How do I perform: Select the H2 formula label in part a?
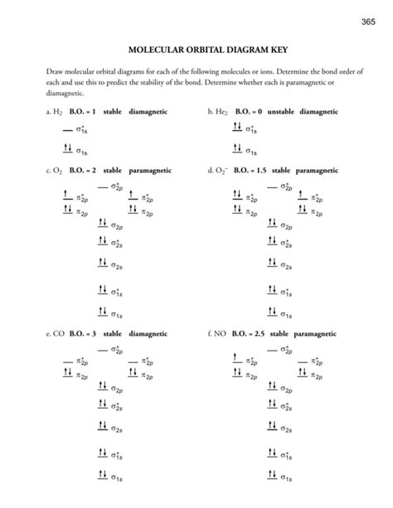(56, 110)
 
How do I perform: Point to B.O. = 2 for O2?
(83, 170)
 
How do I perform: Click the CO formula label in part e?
(58, 333)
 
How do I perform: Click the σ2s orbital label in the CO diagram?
(119, 428)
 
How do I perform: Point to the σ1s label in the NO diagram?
(286, 478)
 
